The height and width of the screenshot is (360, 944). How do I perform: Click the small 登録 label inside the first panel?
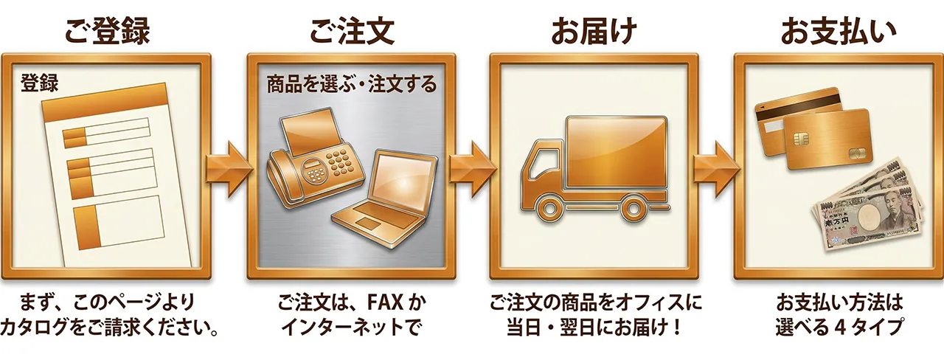point(39,83)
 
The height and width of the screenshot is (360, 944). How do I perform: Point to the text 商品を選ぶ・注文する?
point(352,84)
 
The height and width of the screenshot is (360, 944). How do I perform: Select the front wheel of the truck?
point(549,208)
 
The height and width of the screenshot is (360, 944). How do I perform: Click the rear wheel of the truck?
point(633,208)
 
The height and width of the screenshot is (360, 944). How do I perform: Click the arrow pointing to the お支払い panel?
point(716,170)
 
